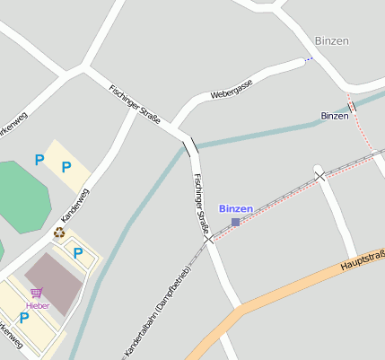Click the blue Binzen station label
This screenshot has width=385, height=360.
(236, 208)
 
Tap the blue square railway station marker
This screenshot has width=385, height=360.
(235, 222)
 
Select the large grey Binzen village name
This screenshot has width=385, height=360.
(331, 41)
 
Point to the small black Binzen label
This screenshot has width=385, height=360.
(334, 117)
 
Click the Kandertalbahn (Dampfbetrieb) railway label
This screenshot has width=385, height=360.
(158, 311)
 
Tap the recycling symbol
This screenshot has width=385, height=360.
(59, 233)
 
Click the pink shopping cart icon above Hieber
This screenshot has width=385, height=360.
(36, 294)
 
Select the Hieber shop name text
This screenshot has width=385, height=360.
(38, 306)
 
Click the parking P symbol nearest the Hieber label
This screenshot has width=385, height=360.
(24, 317)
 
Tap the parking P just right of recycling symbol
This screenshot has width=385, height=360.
(78, 253)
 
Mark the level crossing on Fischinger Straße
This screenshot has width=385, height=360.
(208, 239)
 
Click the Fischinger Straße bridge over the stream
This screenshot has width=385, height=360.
(190, 146)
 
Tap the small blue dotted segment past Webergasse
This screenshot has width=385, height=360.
(309, 59)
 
